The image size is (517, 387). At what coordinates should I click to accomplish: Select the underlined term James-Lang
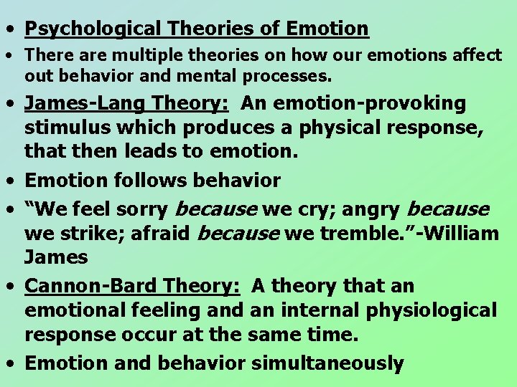(87, 104)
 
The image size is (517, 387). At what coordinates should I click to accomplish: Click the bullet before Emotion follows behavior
(10, 181)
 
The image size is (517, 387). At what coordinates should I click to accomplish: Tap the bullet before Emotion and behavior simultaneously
(10, 363)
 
